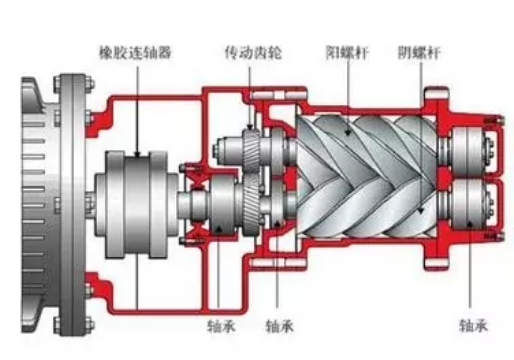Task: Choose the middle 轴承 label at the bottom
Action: click(x=280, y=326)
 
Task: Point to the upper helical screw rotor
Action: click(x=366, y=145)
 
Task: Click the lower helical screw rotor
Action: click(x=366, y=210)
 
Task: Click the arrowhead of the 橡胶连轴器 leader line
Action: click(x=138, y=155)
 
